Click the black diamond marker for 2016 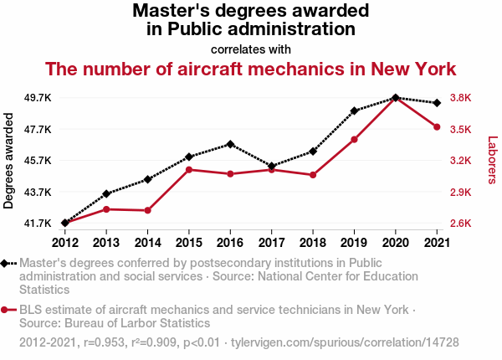click(230, 144)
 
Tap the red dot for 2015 click(189, 170)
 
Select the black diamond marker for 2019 click(354, 111)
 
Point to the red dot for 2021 click(437, 127)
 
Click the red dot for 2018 click(313, 175)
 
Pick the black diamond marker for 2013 click(106, 193)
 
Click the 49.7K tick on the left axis click(37, 98)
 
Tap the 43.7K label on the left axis click(37, 192)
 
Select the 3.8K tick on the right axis click(461, 98)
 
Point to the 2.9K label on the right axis click(461, 192)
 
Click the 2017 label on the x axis click(271, 243)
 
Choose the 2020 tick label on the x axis click(395, 243)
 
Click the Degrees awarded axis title click(9, 161)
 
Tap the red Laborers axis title click(492, 160)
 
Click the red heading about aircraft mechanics click(251, 69)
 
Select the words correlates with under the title click(251, 48)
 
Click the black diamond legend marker click(7, 263)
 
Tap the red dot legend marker click(7, 310)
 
